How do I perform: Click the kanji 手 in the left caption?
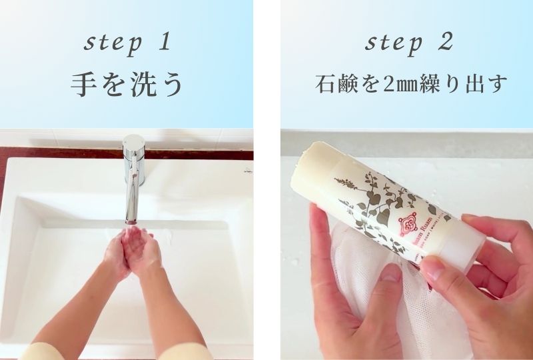click(x=83, y=85)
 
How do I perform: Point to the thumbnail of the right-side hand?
click(x=431, y=269)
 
